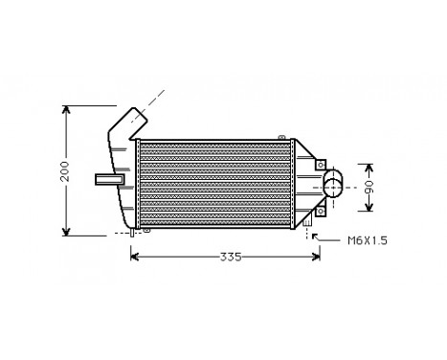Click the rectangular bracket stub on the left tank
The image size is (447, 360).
coord(108,178)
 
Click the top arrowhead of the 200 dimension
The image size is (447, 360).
coord(67,107)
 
